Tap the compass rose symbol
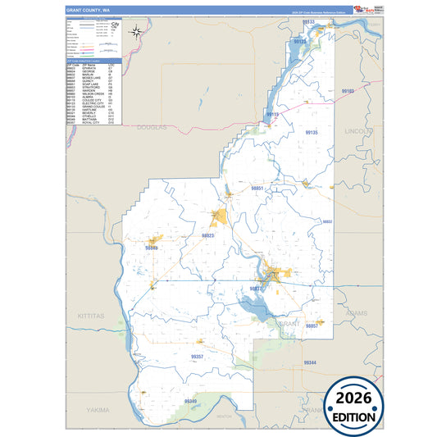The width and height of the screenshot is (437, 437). click(138, 33)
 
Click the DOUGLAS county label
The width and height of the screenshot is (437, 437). click(151, 127)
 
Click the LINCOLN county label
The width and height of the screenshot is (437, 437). click(358, 130)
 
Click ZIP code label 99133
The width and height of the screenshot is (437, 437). click(308, 21)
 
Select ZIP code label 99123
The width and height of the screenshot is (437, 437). click(300, 41)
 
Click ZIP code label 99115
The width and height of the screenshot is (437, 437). click(272, 115)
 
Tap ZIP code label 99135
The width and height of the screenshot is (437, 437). click(311, 132)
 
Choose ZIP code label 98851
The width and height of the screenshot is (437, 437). click(257, 189)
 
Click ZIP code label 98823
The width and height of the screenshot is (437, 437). click(208, 235)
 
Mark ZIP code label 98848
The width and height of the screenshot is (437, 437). click(152, 247)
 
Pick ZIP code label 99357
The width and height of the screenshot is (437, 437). click(197, 357)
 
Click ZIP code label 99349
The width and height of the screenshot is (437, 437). click(191, 400)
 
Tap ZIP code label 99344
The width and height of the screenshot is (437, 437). click(310, 362)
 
